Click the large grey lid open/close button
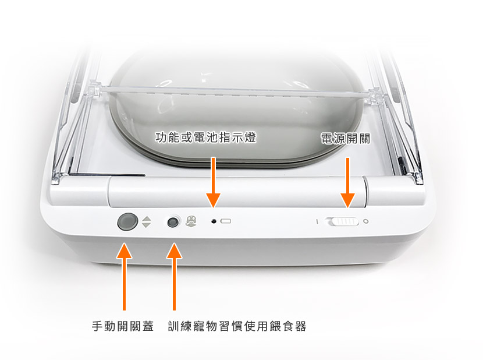[x=127, y=221]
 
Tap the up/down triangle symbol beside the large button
[x=147, y=222]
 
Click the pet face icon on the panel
[x=191, y=221]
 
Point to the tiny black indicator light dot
[x=214, y=221]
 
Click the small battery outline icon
[x=226, y=221]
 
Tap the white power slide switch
[x=343, y=221]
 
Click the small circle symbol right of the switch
[x=366, y=221]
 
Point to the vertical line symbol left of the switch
[x=317, y=221]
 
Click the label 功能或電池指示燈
[x=206, y=137]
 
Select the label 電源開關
[x=345, y=139]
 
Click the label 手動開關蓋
[x=123, y=326]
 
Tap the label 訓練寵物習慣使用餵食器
[x=237, y=326]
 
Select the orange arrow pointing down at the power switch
[x=348, y=183]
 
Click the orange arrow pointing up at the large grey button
[x=124, y=276]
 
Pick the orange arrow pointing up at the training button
[x=175, y=276]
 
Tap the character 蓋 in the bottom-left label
[x=148, y=326]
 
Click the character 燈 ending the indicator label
[x=251, y=137]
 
